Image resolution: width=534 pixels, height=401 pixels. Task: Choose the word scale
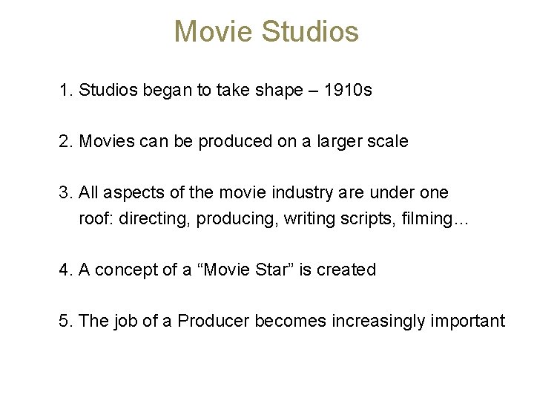coord(388,141)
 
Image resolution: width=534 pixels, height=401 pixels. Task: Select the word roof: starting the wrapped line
coord(96,219)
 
